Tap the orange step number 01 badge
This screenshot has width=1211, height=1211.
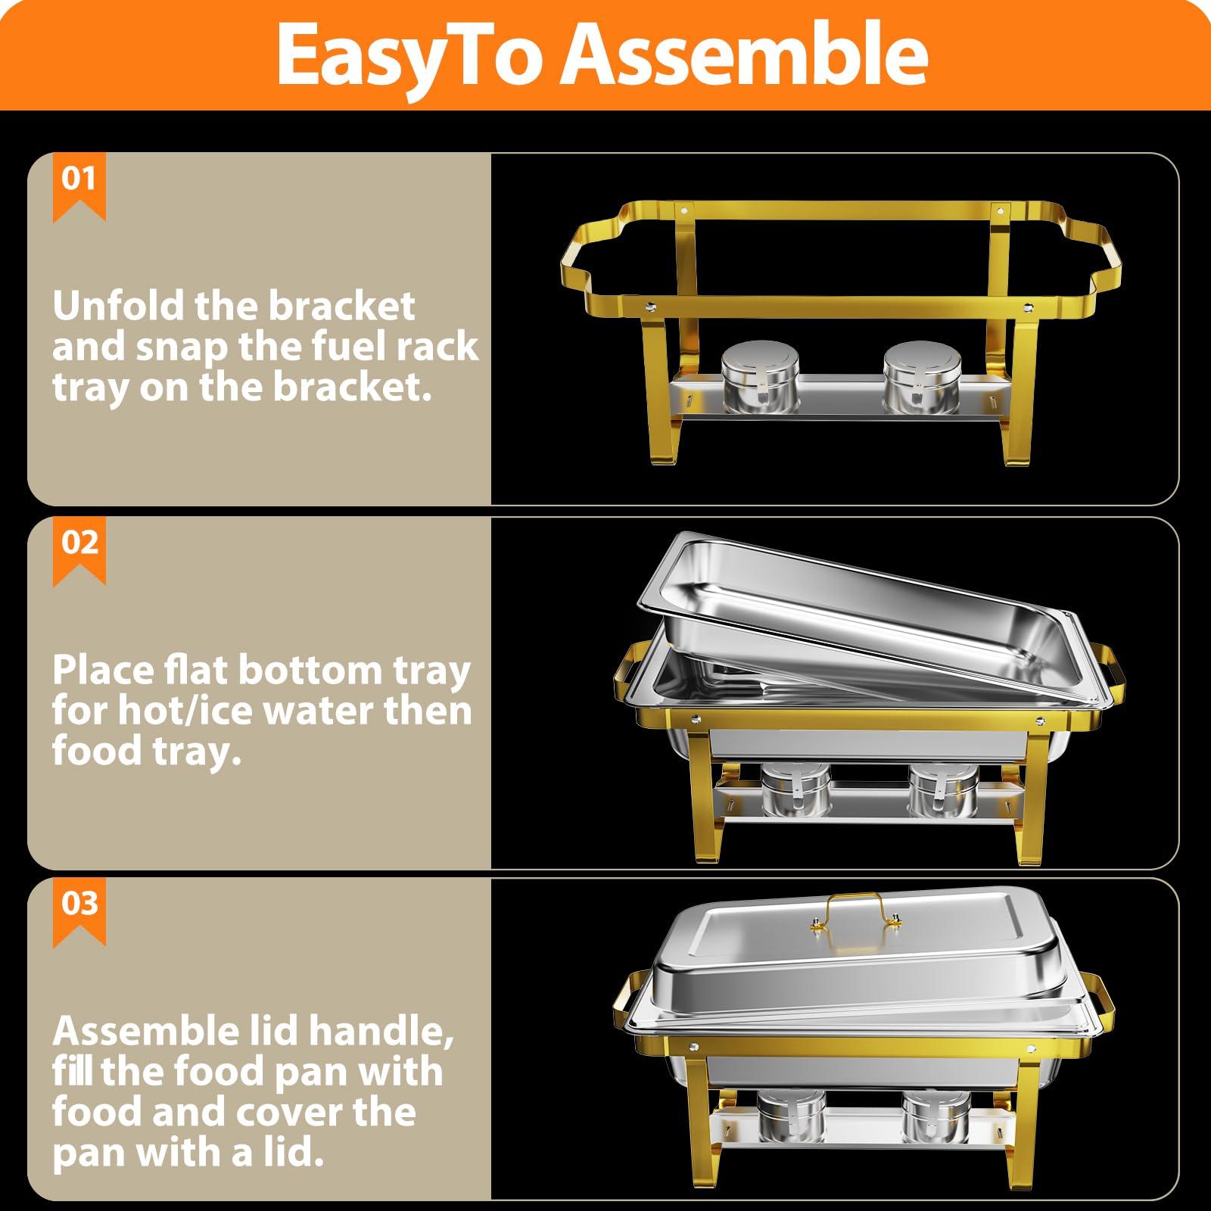coord(79,181)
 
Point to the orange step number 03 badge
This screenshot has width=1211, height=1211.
coord(79,904)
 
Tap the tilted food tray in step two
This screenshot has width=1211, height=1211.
coord(855,605)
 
